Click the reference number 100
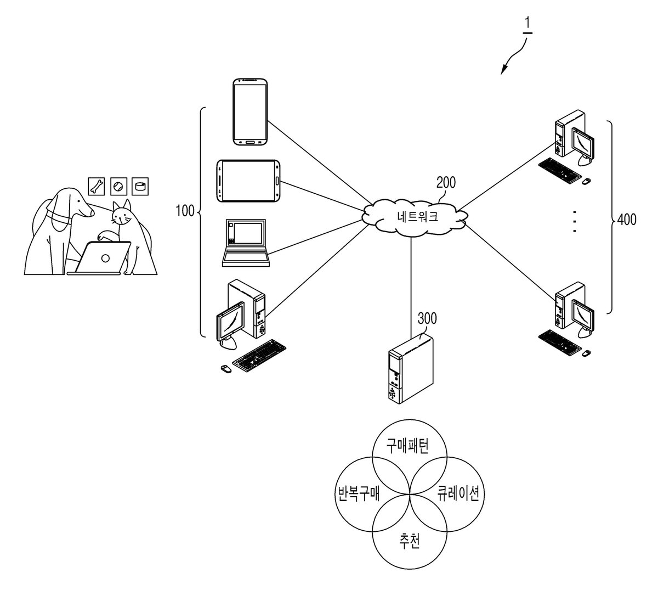point(185,211)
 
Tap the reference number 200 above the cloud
point(446,183)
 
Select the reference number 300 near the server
point(427,318)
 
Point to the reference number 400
point(627,220)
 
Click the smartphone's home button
point(250,142)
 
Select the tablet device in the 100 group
point(248,181)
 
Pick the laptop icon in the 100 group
point(246,243)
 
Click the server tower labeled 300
point(411,368)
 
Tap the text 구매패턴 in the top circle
point(407,446)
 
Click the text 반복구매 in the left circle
point(359,493)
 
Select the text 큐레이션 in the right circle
point(458,493)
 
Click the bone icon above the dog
point(97,187)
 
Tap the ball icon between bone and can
point(118,187)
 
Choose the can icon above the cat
point(140,187)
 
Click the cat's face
point(121,215)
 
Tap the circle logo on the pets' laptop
point(105,259)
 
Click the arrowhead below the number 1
point(503,70)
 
